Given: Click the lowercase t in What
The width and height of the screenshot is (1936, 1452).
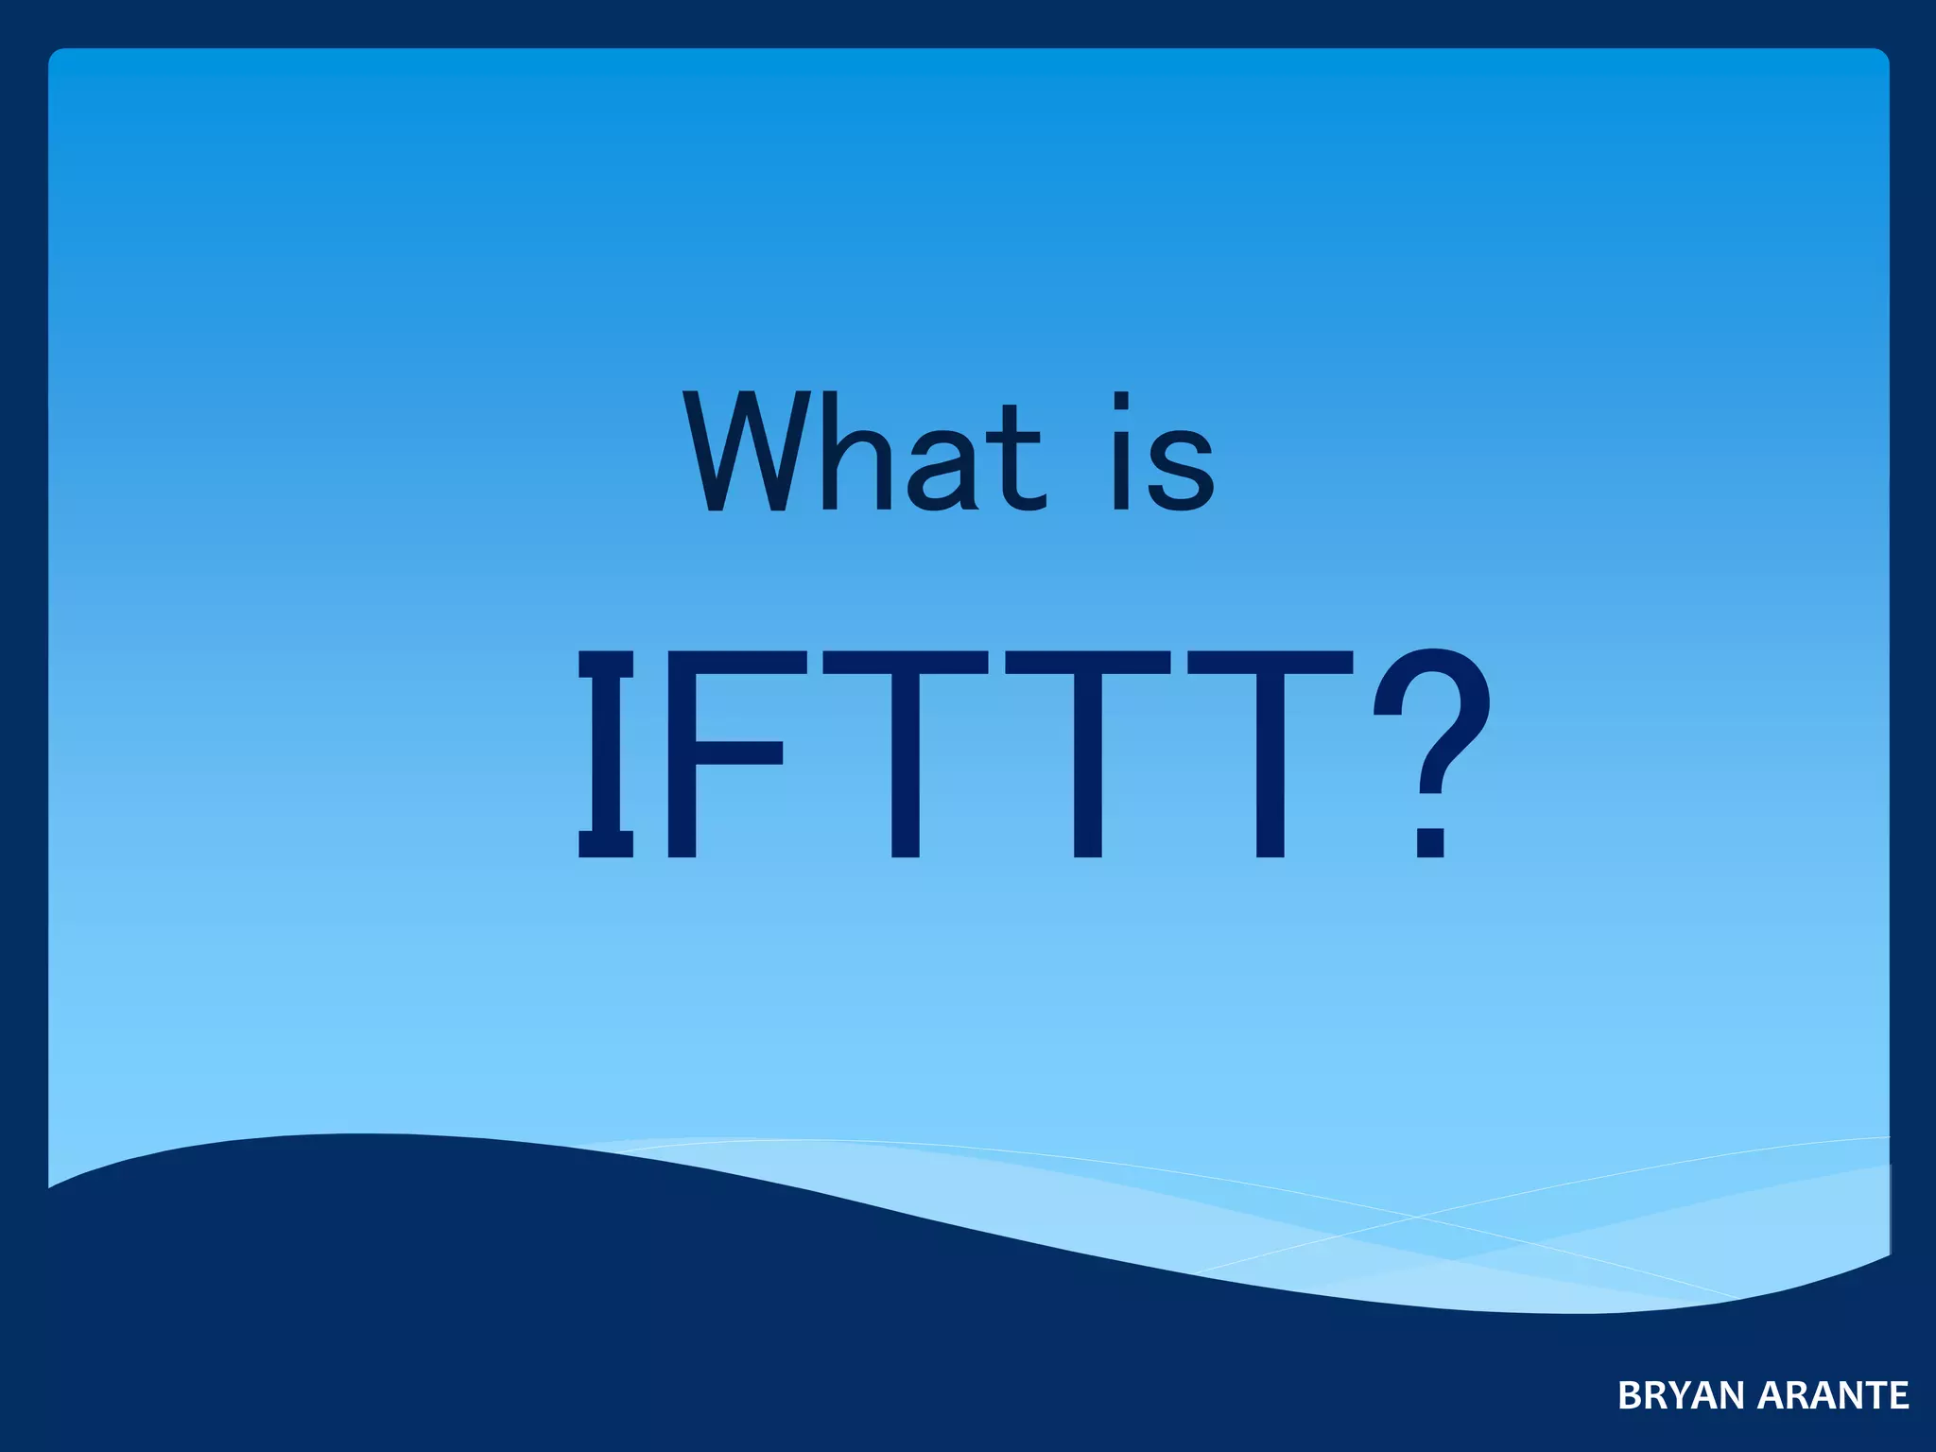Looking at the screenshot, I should click(1015, 458).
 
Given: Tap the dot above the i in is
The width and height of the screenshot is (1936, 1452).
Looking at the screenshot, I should click(1121, 401).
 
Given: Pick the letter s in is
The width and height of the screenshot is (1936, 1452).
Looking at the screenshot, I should click(1182, 469).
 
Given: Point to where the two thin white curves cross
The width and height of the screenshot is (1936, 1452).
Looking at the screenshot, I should click(1415, 1217).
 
